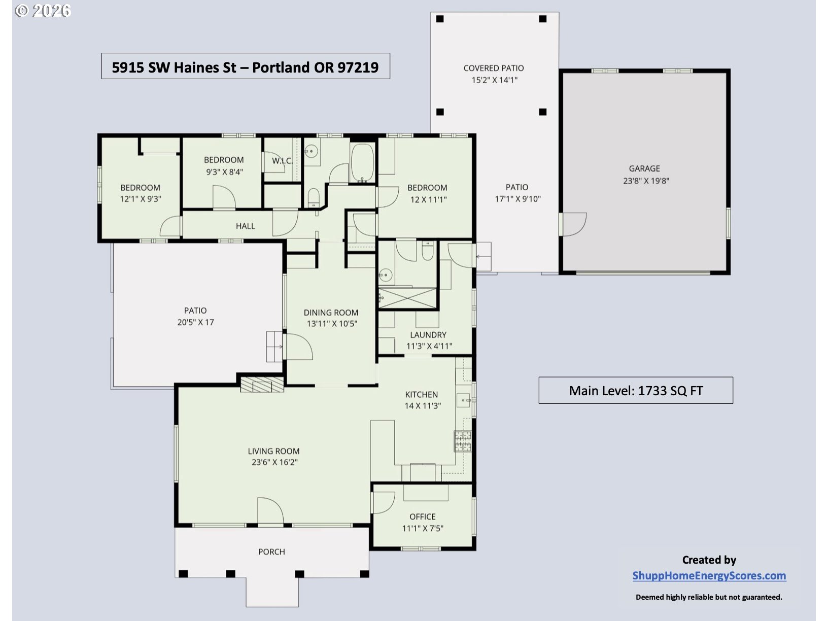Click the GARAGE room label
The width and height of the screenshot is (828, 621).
pos(644,168)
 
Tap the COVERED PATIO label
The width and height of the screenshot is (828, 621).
pos(494,68)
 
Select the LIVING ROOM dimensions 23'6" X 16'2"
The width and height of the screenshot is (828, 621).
pos(274,462)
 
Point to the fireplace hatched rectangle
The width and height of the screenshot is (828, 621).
pos(262,385)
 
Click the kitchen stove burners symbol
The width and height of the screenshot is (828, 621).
pos(463,441)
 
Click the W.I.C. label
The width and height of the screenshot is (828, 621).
pos(283,161)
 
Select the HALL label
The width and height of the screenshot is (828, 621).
pos(245,226)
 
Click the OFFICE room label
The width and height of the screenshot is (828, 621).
pos(423,516)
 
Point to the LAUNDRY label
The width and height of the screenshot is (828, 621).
pos(428,335)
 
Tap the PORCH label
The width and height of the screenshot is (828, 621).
pos(271,552)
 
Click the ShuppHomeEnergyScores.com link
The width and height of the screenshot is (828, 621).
pos(709,576)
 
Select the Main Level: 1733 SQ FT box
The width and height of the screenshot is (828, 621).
pos(636,390)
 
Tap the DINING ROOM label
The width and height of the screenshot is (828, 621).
pos(331,313)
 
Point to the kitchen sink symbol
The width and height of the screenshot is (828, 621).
pos(464,400)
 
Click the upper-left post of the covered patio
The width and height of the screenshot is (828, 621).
pos(440,19)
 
